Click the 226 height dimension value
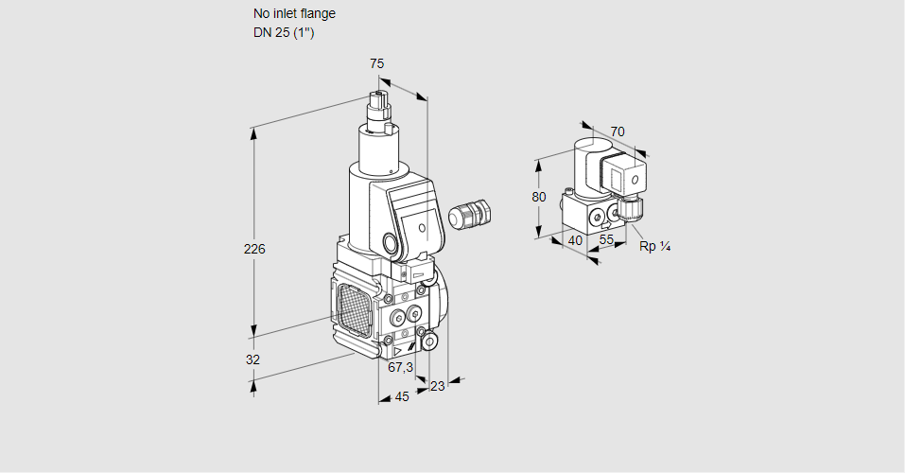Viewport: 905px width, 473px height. click(254, 250)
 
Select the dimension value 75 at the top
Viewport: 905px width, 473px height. click(376, 63)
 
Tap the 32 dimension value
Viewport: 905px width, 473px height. click(252, 359)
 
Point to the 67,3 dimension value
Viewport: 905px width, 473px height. click(400, 367)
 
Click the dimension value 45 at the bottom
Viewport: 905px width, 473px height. click(402, 397)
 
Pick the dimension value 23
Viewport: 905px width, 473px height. click(437, 385)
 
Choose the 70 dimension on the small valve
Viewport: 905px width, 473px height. click(618, 131)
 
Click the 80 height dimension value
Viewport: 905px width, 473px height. click(539, 197)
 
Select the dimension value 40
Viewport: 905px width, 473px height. click(574, 240)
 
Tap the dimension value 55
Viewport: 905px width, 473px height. click(607, 240)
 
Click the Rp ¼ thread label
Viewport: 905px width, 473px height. click(654, 247)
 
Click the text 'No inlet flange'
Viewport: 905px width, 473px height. click(294, 14)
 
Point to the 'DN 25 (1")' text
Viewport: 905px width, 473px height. click(283, 33)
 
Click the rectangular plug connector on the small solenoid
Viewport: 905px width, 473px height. click(625, 177)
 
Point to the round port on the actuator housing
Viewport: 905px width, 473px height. click(391, 241)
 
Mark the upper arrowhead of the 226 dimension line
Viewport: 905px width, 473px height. click(253, 133)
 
